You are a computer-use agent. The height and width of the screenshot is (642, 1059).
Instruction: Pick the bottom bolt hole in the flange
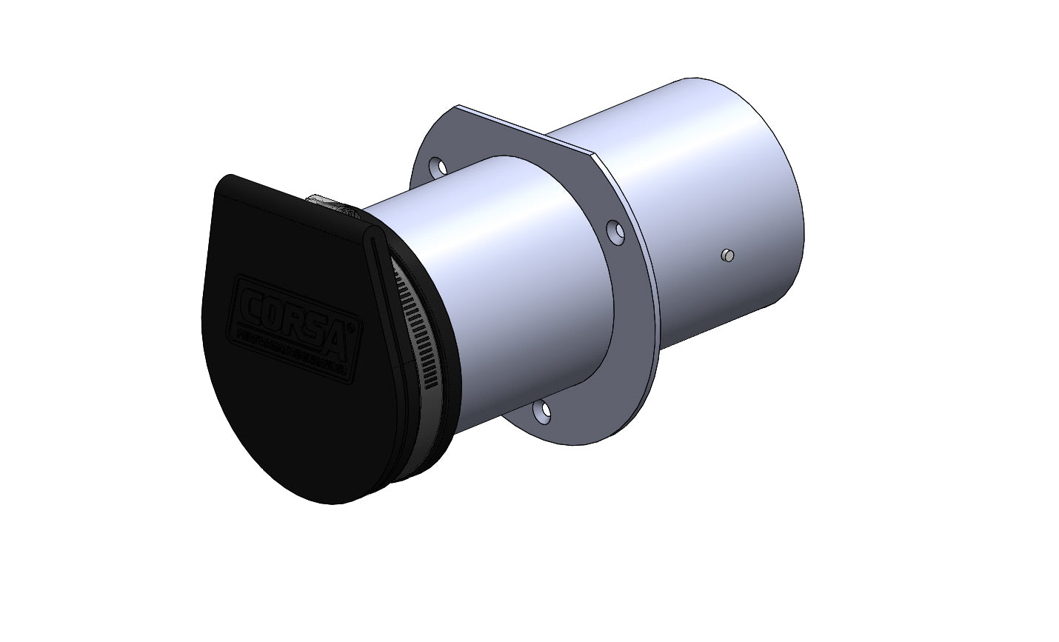point(544,412)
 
